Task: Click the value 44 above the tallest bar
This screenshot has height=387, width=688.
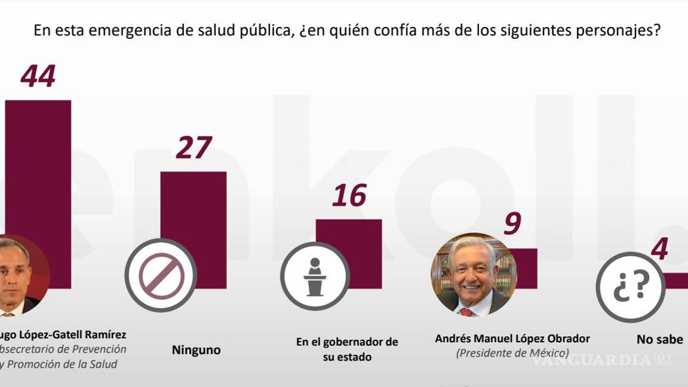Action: [x=38, y=76]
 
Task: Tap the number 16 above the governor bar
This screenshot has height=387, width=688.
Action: [x=349, y=196]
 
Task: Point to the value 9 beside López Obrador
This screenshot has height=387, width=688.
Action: [x=512, y=224]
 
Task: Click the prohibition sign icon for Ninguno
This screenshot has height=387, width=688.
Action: [x=160, y=275]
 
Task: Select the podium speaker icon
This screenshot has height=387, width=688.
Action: [x=315, y=275]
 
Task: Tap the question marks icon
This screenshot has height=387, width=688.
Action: [x=631, y=287]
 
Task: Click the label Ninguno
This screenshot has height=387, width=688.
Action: [x=196, y=351]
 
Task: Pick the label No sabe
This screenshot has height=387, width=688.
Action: [x=659, y=339]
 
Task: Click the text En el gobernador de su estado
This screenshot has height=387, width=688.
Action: [x=347, y=349]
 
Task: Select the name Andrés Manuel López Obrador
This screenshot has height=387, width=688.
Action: [x=512, y=339]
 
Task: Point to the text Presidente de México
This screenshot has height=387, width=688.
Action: [x=512, y=353]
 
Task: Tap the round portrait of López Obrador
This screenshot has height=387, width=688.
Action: [x=474, y=274]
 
